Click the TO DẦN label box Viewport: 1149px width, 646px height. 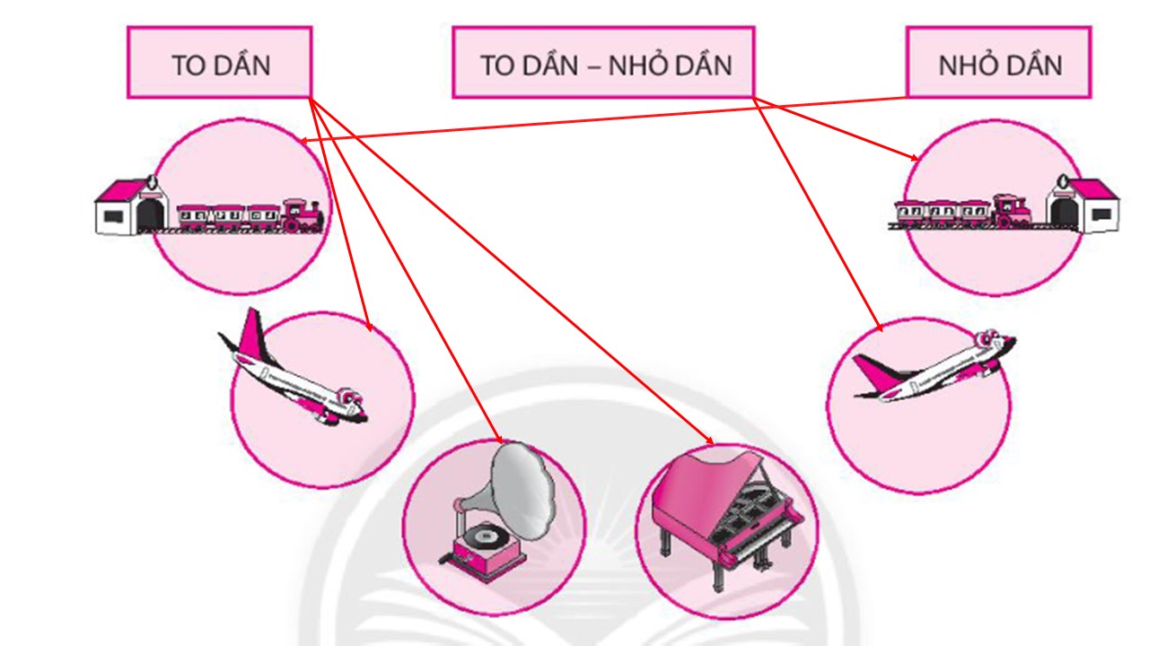(x=220, y=63)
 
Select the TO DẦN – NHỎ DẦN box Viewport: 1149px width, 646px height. (x=603, y=63)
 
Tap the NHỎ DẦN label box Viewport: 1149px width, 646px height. (x=998, y=63)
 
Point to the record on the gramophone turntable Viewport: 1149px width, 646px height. (x=484, y=537)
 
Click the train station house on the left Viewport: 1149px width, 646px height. (x=131, y=208)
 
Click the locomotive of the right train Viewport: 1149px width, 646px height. (x=1011, y=212)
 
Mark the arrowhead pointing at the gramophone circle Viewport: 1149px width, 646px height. (x=499, y=439)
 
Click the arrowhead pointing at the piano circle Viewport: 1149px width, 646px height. (x=710, y=441)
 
